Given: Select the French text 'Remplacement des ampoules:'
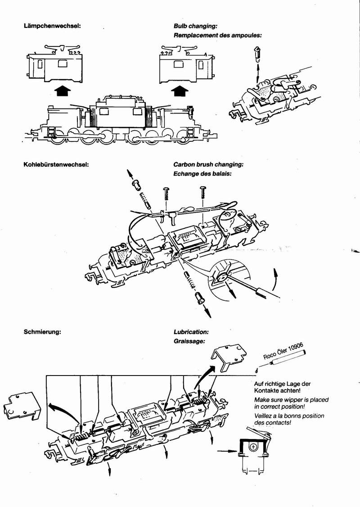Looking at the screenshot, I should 217,35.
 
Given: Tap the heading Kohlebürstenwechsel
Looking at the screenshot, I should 56,164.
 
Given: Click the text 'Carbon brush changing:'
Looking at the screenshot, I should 208,164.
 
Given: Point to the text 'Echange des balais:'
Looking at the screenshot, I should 202,172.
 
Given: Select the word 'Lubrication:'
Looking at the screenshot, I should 191,332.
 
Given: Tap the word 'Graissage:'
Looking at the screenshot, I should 189,341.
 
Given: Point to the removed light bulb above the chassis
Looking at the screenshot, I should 257,55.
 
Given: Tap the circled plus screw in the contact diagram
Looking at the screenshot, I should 254,447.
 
